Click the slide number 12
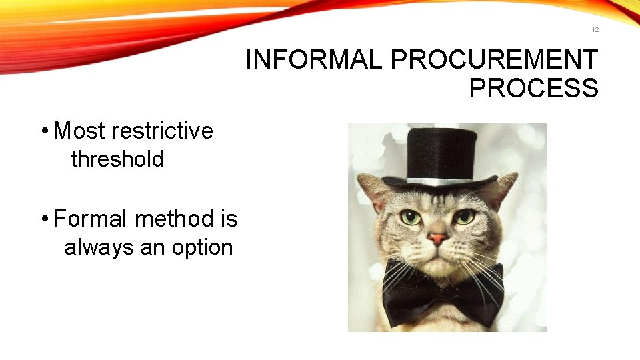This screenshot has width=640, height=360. [595, 30]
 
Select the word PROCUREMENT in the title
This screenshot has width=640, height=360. [494, 60]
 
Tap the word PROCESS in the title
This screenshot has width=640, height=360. [533, 89]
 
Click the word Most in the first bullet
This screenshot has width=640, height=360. [80, 131]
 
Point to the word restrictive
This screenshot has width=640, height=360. [163, 131]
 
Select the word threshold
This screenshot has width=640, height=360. [117, 159]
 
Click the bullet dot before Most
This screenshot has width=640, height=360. [43, 131]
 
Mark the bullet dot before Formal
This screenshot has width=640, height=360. [43, 219]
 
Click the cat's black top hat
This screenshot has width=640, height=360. [443, 153]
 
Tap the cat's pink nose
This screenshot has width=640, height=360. [437, 238]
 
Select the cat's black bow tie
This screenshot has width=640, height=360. [444, 293]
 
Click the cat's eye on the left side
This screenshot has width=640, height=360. [410, 217]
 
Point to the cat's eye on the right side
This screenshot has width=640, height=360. [465, 217]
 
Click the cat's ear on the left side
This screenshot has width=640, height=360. [374, 189]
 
